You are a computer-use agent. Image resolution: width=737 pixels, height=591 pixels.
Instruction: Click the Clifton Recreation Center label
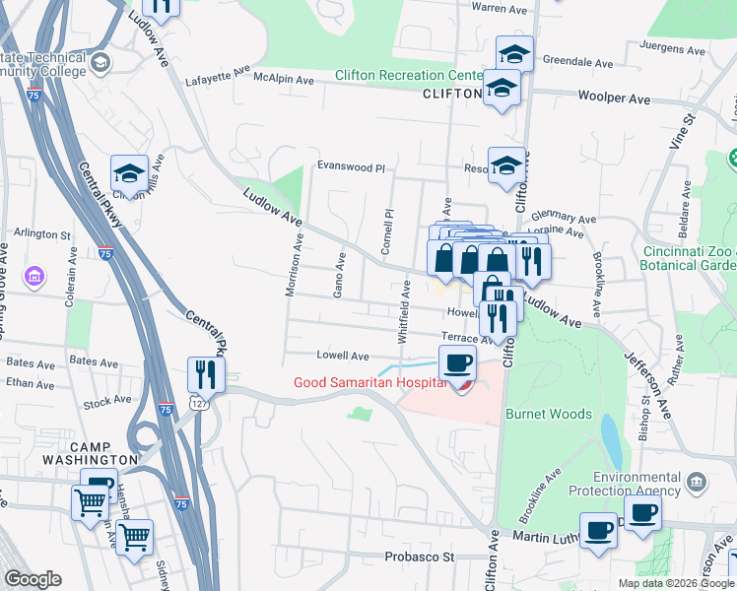point(408,76)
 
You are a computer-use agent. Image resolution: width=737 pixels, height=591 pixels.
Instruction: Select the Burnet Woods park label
point(549,415)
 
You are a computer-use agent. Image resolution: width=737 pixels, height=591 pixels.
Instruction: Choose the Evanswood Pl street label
point(350,167)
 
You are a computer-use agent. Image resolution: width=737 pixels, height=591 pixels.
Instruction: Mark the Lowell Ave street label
point(342,356)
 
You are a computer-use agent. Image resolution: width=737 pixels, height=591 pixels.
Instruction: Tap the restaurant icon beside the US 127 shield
point(206,374)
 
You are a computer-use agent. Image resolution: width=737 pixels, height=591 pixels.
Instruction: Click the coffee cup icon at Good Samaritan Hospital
point(456,363)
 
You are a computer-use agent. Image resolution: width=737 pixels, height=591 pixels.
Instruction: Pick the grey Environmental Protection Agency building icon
point(697,482)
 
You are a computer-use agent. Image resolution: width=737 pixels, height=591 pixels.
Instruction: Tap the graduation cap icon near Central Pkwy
point(129,174)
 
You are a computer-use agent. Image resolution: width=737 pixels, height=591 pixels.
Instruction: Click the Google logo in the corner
point(33,579)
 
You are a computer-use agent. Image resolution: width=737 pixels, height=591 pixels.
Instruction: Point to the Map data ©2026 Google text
point(675,582)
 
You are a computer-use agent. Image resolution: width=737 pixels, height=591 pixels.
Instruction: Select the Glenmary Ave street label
point(565,219)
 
